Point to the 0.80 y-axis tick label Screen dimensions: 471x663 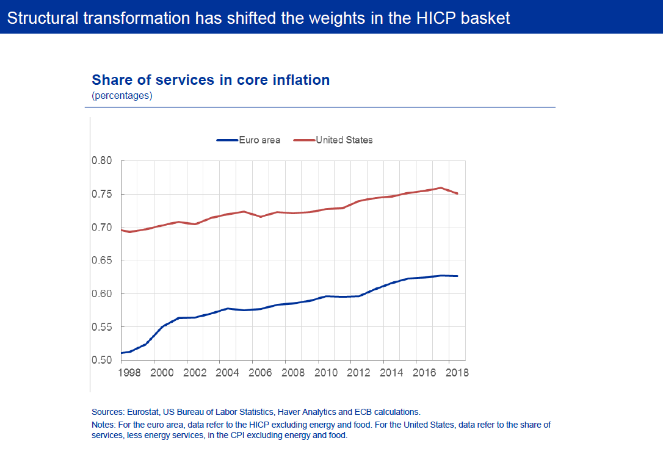click(102, 161)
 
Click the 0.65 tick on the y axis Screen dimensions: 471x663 click(102, 261)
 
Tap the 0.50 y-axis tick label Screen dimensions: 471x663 click(102, 360)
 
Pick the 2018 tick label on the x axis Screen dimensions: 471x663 click(457, 373)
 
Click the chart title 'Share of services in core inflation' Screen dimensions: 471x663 click(211, 80)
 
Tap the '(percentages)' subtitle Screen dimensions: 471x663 click(122, 96)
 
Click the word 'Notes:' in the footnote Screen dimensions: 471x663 click(104, 425)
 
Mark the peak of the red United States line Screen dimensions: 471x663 click(441, 188)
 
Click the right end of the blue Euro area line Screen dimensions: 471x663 click(457, 276)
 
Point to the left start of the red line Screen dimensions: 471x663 click(121, 230)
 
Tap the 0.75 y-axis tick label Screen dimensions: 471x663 click(102, 195)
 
